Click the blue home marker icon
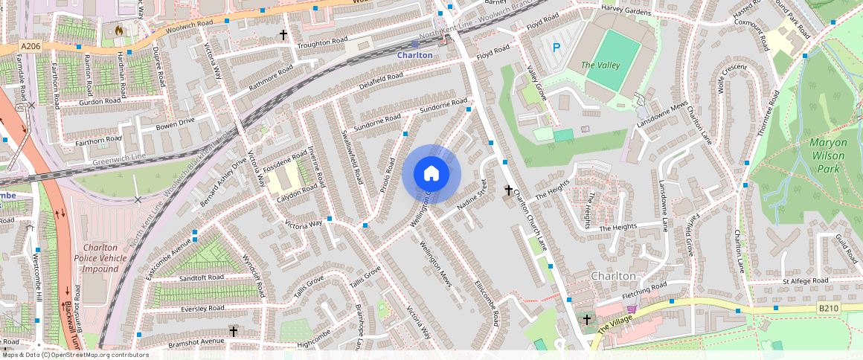431,174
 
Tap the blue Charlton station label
414,55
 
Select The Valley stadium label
600,65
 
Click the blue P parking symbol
556,48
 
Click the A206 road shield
31,47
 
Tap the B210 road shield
829,307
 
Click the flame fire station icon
118,30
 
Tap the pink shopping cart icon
632,309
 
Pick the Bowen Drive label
175,122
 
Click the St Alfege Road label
806,281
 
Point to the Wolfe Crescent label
732,77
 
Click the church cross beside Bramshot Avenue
234,330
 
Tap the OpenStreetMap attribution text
74,355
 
